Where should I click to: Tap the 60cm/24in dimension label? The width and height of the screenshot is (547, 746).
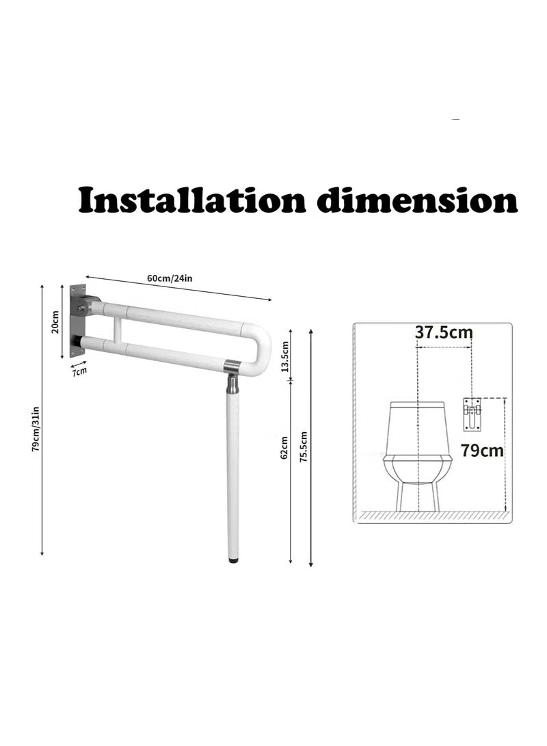point(170,278)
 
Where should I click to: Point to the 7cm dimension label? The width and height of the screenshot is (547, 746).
point(80,371)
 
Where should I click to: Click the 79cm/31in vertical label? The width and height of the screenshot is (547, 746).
point(36,428)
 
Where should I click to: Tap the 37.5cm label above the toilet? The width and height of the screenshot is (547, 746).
point(444,332)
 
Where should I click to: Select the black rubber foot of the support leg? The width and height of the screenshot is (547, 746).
point(234,561)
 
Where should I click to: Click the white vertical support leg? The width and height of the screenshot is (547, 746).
point(233,472)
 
